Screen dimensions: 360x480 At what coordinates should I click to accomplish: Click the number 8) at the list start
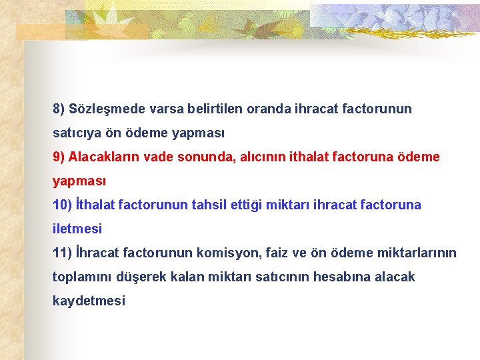tap(59, 108)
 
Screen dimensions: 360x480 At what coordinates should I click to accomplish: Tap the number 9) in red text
tap(59, 157)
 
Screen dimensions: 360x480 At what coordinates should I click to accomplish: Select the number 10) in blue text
tap(61, 205)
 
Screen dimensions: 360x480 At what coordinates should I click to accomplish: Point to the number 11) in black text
tap(61, 253)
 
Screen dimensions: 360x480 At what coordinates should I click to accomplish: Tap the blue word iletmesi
tap(77, 229)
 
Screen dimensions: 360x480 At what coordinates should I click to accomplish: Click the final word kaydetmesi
tap(89, 301)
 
